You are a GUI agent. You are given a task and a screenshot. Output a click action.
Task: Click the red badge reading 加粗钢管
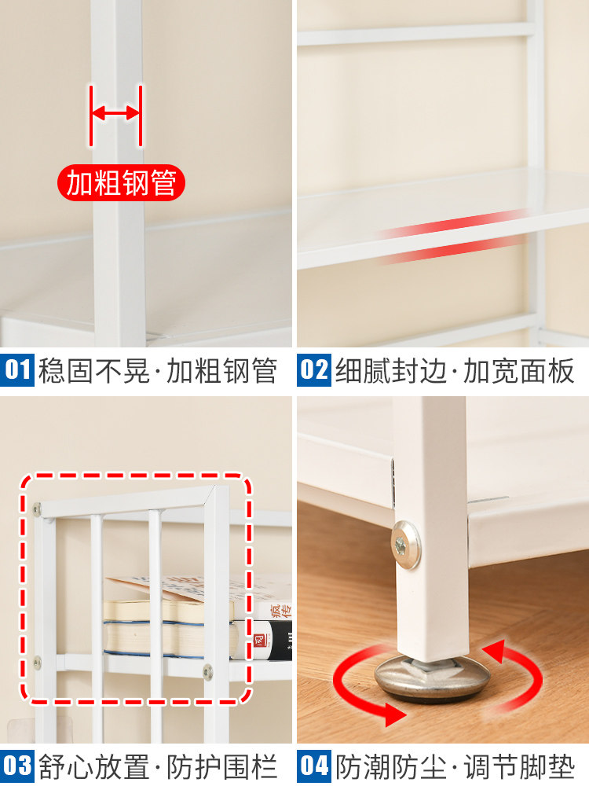point(121,182)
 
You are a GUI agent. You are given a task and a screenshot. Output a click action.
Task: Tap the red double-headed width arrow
point(115,113)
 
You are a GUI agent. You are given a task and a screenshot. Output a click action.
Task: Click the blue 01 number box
point(17,370)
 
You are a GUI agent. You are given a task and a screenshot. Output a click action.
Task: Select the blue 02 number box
point(314,370)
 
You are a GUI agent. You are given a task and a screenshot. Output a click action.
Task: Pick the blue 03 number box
point(17,766)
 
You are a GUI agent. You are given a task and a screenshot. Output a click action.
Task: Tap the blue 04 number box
point(314,766)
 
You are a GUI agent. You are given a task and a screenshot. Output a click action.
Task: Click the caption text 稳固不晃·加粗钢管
point(158,370)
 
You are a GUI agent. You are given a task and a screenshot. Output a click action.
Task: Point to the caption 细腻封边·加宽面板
point(455,370)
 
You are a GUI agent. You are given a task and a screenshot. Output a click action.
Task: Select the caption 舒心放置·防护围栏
point(158,766)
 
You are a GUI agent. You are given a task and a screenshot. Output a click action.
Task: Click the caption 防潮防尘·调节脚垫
point(455,766)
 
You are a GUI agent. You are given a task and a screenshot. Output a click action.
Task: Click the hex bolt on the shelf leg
point(405,545)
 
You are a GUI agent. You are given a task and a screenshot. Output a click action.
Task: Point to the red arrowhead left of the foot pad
point(394,714)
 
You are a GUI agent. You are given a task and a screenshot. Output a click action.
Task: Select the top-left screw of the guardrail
point(37,509)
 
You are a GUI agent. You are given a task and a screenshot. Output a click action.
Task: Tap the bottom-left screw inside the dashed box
point(37,662)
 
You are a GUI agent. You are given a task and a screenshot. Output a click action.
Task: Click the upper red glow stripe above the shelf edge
point(453,223)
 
